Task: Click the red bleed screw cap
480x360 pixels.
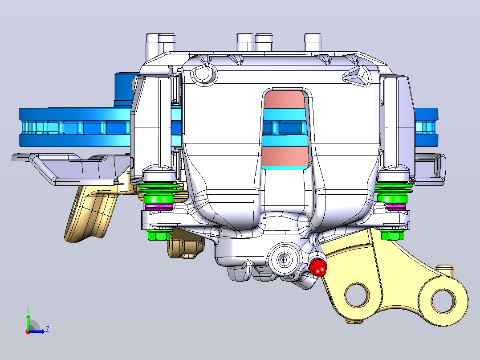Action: pos(318,267)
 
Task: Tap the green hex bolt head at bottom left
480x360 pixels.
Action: pos(159,235)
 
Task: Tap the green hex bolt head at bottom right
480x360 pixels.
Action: pos(392,235)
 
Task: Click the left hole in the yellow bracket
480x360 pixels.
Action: pos(357,295)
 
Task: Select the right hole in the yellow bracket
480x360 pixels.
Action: pos(443,301)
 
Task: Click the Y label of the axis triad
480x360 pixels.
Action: pos(28,310)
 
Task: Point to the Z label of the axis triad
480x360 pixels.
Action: pos(48,329)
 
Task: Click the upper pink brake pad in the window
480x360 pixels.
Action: pos(284,100)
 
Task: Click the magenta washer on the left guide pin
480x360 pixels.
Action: pos(159,206)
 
